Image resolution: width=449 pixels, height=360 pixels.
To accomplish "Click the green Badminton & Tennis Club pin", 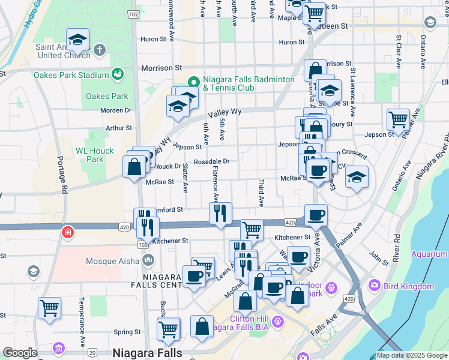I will point(193,82).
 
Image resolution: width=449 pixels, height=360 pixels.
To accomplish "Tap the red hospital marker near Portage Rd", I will point(66,232).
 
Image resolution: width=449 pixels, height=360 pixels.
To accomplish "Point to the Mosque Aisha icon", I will point(148,261).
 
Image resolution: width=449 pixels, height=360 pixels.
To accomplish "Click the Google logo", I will point(20,353).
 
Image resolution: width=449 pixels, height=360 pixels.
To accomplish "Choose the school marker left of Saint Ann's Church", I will point(77,41).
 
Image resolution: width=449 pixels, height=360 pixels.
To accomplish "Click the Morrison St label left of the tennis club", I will point(161,68).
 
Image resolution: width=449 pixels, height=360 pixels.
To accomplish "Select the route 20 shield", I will point(92,352).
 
